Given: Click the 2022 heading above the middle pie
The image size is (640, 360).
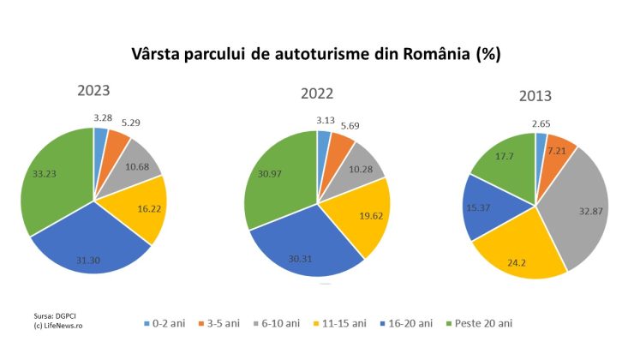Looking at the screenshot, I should click(x=317, y=94).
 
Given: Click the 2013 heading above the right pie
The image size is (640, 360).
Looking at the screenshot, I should click(x=535, y=96).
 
